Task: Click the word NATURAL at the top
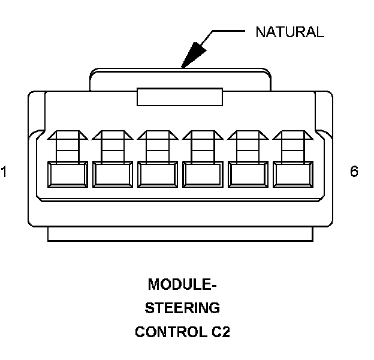pos(289,32)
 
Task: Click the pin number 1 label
pos(4,173)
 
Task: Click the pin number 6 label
pos(354,172)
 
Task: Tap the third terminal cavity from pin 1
pos(157,174)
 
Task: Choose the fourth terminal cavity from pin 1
pos(201,174)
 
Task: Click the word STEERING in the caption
pos(182,308)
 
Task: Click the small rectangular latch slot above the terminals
pos(180,95)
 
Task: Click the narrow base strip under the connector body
pos(180,235)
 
